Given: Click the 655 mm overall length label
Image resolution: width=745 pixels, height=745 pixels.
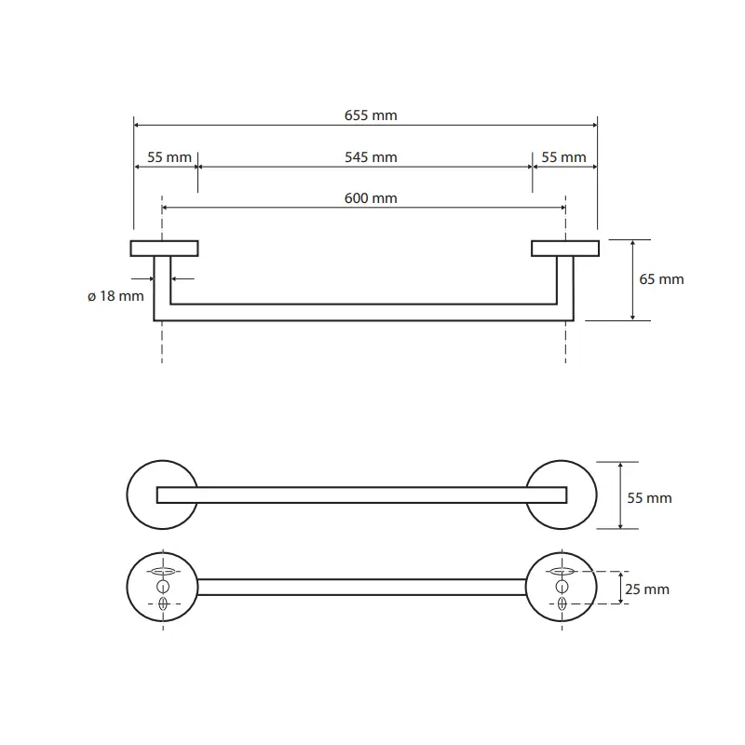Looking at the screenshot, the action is coord(371,115).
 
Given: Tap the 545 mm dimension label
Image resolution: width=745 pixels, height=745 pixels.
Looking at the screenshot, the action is coord(371,157).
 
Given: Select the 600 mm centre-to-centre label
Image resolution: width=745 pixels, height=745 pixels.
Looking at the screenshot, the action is coord(371,198).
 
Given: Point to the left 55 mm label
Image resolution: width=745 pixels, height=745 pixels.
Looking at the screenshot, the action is coord(169,157).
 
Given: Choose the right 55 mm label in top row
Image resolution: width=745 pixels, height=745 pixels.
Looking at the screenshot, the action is coord(563,157).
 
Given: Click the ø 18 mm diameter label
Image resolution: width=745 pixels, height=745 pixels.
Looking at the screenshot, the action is coord(115,296).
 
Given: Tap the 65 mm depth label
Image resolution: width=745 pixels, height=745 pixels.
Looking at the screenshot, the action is coord(661,279).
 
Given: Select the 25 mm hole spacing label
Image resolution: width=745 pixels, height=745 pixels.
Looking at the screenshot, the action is coord(647,589).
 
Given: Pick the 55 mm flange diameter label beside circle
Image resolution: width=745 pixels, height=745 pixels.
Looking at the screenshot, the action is coord(649,498).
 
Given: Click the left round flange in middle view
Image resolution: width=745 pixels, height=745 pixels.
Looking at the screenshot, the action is coord(128,494).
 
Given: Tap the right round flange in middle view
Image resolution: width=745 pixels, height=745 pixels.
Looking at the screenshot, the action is coord(596,494).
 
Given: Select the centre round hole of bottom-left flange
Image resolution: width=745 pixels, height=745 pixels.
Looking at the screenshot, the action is coord(163,587).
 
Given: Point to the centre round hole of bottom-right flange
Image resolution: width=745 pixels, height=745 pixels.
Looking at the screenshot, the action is coord(562,587).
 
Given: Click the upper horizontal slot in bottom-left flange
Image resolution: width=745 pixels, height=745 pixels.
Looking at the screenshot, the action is coord(163,571).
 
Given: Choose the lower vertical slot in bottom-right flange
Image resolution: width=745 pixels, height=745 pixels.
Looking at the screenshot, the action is coord(562,603).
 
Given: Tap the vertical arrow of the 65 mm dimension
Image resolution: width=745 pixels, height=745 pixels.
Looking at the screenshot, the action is coord(633,280).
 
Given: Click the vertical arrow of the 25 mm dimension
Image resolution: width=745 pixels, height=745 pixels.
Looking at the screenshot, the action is coord(620,588).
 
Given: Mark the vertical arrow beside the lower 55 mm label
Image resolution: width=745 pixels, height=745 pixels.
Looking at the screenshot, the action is coord(620,495).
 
